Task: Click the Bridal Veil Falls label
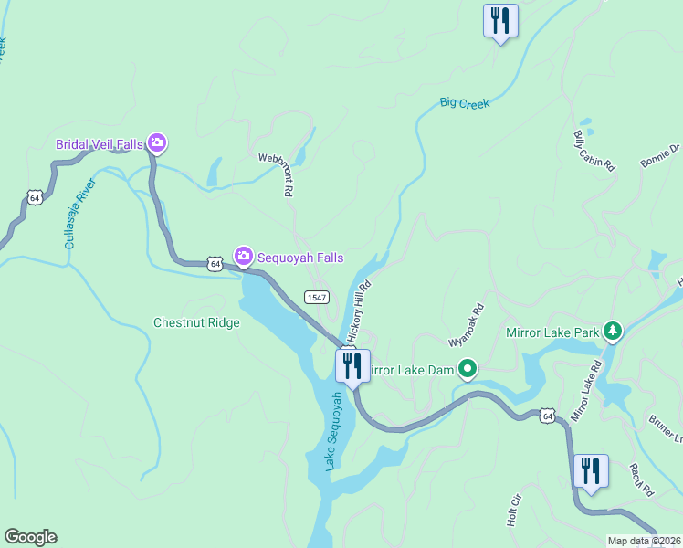pyautogui.click(x=100, y=143)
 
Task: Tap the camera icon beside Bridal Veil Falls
pyautogui.click(x=157, y=142)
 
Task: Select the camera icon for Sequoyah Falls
pyautogui.click(x=244, y=256)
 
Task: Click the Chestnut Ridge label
pyautogui.click(x=196, y=322)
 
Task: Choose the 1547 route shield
pyautogui.click(x=317, y=297)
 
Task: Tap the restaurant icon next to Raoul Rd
pyautogui.click(x=591, y=471)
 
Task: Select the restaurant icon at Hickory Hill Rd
pyautogui.click(x=352, y=365)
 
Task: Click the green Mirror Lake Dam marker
pyautogui.click(x=468, y=369)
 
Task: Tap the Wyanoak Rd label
pyautogui.click(x=465, y=326)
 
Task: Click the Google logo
pyautogui.click(x=30, y=537)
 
